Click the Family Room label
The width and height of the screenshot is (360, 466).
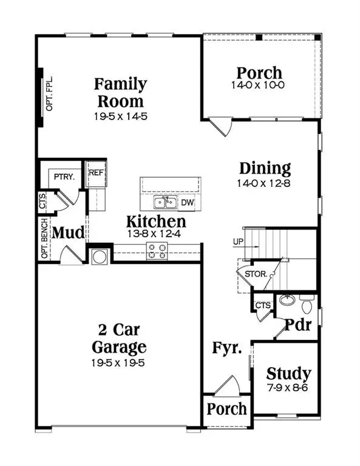pos(119,92)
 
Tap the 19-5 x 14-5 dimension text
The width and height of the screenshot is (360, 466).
pos(119,115)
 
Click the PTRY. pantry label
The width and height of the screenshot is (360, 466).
pos(64,177)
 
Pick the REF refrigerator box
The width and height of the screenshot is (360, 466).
pos(96,172)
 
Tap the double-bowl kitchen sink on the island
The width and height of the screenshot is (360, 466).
pos(162,202)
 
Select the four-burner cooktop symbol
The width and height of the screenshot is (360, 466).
pos(157,251)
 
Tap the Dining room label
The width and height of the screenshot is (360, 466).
pos(264,168)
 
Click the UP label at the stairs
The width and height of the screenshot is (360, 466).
pos(238,243)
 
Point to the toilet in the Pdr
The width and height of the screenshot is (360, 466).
pos(307,302)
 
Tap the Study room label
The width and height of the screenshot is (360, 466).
pos(288,373)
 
